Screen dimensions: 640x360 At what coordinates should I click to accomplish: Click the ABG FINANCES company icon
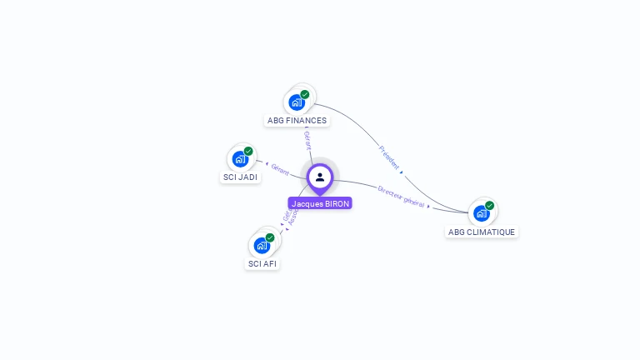pyautogui.click(x=296, y=102)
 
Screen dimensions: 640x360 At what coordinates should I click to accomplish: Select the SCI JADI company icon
pyautogui.click(x=240, y=159)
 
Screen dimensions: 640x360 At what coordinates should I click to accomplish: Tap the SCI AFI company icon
pyautogui.click(x=262, y=246)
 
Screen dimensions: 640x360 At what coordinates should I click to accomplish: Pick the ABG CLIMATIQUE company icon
pyautogui.click(x=481, y=213)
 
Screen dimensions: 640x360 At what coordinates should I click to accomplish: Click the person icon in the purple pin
pyautogui.click(x=320, y=177)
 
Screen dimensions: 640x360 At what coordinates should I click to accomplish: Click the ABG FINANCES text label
pyautogui.click(x=297, y=121)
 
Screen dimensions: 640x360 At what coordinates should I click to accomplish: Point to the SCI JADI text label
pyautogui.click(x=240, y=177)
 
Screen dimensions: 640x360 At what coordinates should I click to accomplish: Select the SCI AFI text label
pyautogui.click(x=262, y=264)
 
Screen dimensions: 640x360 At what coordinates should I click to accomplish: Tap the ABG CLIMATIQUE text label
pyautogui.click(x=482, y=232)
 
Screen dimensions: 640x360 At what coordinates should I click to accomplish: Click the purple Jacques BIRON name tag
pyautogui.click(x=321, y=203)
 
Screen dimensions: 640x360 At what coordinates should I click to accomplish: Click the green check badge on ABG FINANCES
pyautogui.click(x=305, y=94)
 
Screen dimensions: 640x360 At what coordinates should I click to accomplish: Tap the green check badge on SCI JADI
pyautogui.click(x=248, y=151)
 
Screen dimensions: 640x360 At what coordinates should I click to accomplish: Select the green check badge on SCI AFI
pyautogui.click(x=270, y=237)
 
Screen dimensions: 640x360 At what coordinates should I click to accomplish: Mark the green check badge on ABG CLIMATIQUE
pyautogui.click(x=489, y=205)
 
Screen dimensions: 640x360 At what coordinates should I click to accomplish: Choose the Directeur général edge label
pyautogui.click(x=401, y=196)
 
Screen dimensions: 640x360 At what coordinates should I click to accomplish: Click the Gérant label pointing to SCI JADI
pyautogui.click(x=280, y=169)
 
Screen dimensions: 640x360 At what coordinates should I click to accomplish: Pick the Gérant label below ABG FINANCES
pyautogui.click(x=307, y=139)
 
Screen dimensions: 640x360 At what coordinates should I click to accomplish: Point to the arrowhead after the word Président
pyautogui.click(x=402, y=172)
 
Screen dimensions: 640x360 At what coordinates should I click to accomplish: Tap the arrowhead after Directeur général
pyautogui.click(x=429, y=205)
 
